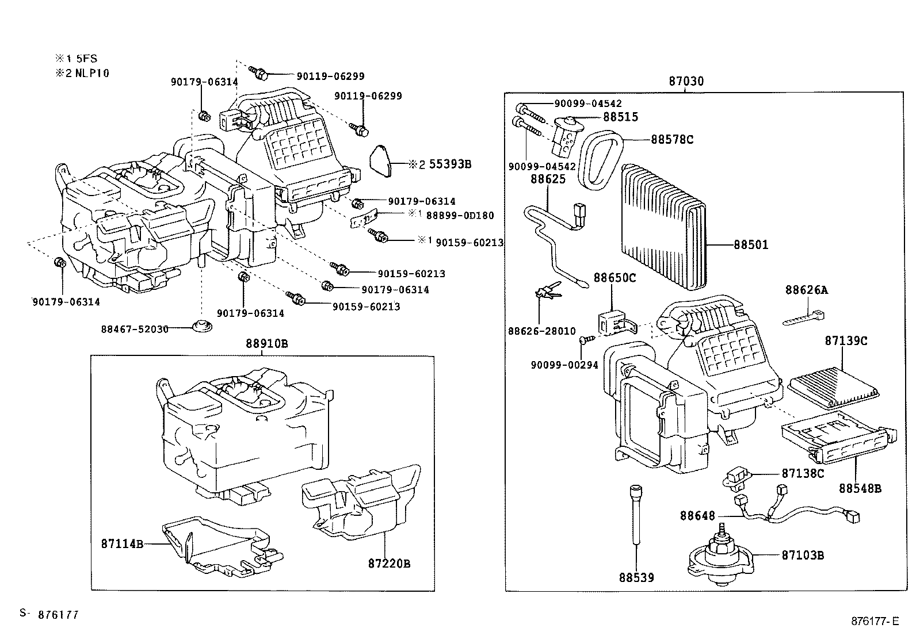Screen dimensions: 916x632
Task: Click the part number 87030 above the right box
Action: click(686, 81)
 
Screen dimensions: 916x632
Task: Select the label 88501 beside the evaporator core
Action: click(751, 245)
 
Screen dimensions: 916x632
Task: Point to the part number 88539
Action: click(636, 577)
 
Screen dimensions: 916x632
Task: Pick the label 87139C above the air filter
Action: click(846, 340)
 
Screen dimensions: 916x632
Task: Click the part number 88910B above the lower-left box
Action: click(266, 343)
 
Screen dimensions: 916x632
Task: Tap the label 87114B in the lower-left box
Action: click(122, 543)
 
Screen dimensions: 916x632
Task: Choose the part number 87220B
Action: click(389, 564)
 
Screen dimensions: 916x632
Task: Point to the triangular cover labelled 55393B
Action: click(381, 160)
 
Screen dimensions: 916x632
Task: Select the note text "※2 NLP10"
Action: click(82, 73)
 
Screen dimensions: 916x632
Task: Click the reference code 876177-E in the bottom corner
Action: click(875, 621)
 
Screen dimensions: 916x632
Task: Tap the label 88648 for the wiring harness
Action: click(697, 515)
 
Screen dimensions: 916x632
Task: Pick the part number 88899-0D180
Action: click(460, 216)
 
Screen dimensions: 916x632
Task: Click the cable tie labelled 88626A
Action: click(804, 318)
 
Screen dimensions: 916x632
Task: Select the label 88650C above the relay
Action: click(615, 278)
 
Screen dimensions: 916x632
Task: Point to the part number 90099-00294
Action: click(564, 365)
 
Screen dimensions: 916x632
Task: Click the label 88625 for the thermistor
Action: click(548, 179)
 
